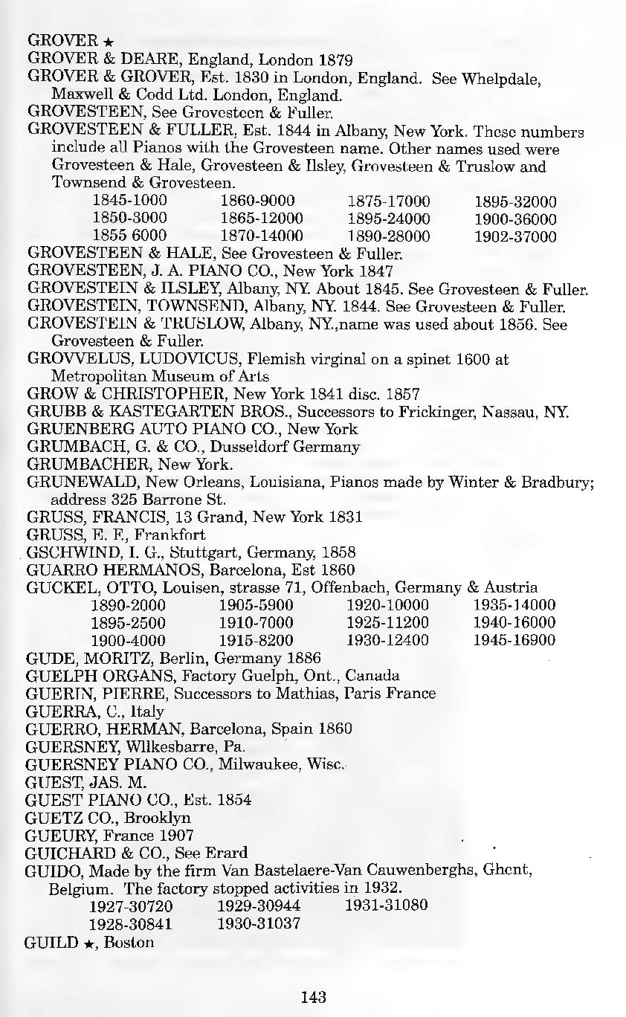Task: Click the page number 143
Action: (x=314, y=997)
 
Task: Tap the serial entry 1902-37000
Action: (x=515, y=237)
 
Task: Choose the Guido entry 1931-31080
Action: (x=387, y=906)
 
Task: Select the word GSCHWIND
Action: (x=65, y=552)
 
